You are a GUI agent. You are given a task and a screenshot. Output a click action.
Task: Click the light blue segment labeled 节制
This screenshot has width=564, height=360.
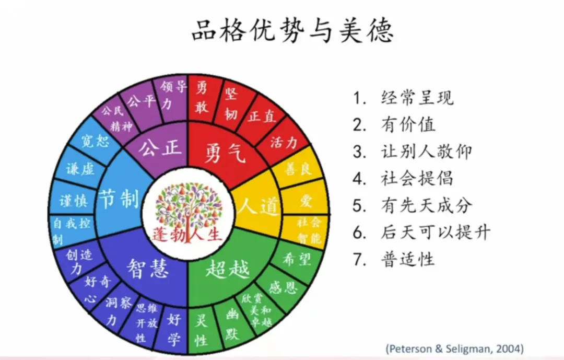[x=119, y=199]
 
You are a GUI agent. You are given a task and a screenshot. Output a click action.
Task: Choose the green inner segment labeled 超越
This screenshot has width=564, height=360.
[x=227, y=269]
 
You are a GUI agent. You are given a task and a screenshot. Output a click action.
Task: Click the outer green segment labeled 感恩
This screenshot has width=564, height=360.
[x=282, y=287]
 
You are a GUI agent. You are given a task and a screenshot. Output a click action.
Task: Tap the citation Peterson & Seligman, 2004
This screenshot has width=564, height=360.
[x=454, y=349]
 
